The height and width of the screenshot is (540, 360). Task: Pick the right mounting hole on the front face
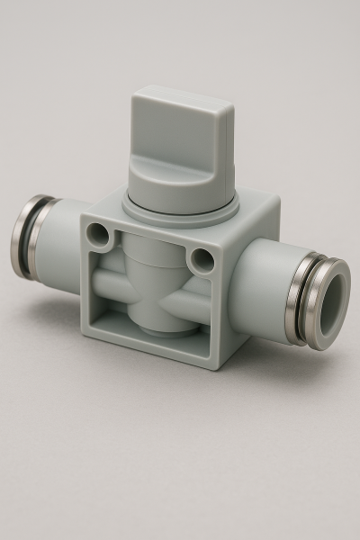204,261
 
